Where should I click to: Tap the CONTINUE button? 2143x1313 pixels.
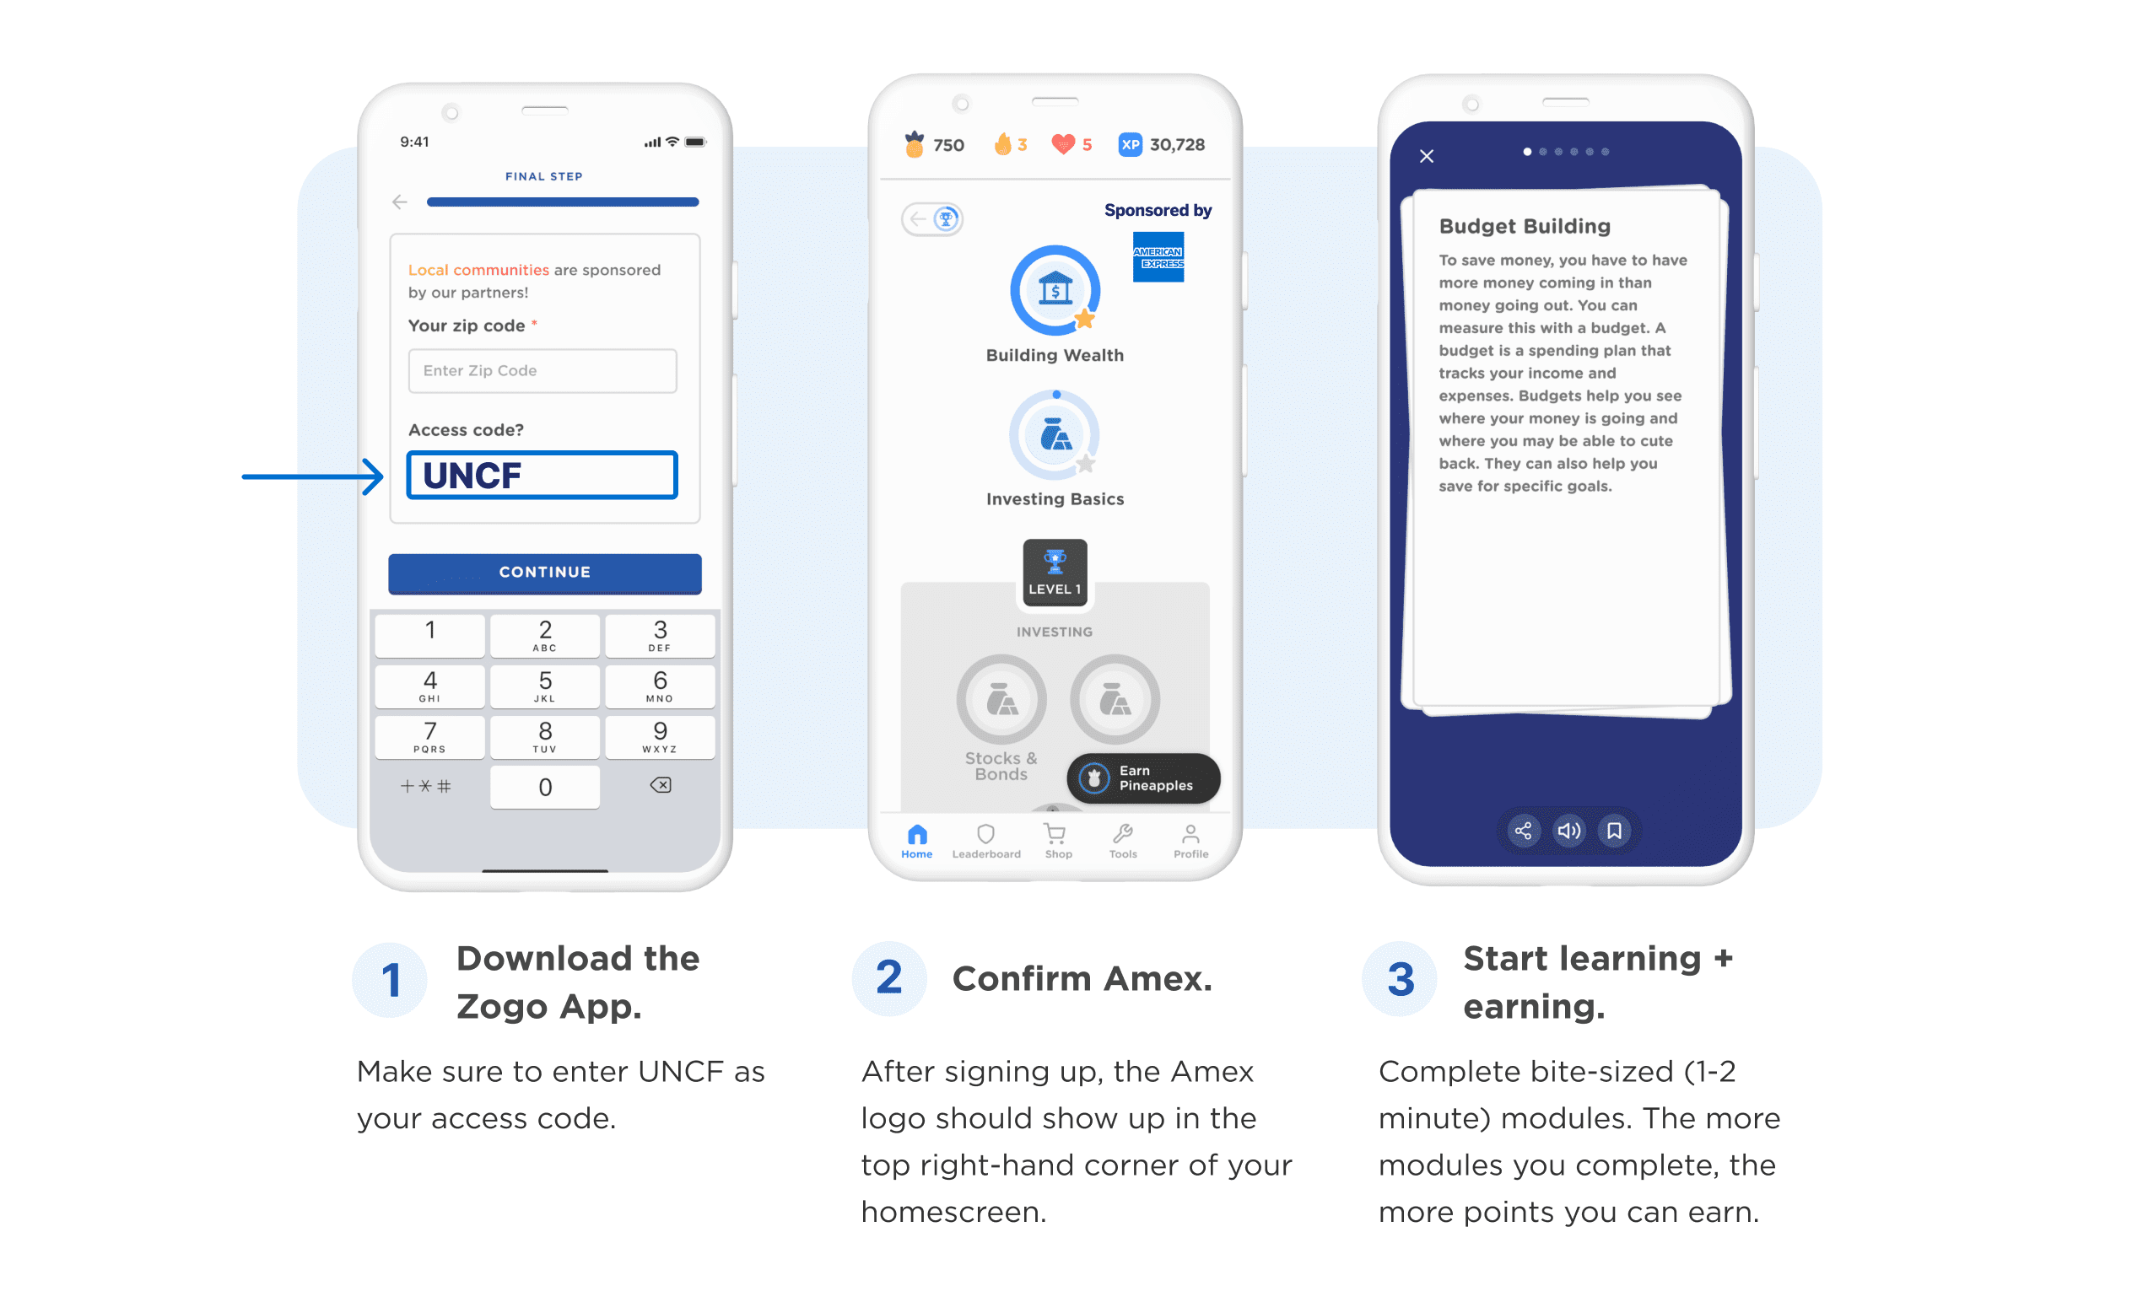[x=544, y=572]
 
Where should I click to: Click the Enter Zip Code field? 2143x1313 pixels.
[x=542, y=370]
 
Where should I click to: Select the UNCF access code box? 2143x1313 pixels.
[x=542, y=475]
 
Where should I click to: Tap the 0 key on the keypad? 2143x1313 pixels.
[x=544, y=787]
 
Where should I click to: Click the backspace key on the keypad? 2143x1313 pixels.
[x=660, y=785]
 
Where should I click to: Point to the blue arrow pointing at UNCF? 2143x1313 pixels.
[x=313, y=476]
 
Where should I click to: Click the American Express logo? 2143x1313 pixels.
[x=1158, y=257]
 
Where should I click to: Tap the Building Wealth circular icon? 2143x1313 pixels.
[x=1055, y=290]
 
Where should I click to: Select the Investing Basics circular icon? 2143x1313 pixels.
[x=1055, y=435]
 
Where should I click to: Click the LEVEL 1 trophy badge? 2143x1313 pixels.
[x=1054, y=571]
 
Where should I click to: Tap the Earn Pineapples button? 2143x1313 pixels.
[x=1143, y=778]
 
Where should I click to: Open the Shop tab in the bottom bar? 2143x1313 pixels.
[x=1056, y=840]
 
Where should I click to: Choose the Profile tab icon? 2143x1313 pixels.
[x=1190, y=840]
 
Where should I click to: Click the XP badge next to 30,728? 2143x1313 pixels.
[x=1130, y=144]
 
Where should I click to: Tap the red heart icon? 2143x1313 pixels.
[x=1062, y=144]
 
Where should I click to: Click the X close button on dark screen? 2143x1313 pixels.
[x=1427, y=157]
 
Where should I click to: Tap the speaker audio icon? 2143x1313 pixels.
[x=1568, y=831]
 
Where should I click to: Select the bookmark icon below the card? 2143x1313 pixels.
[x=1614, y=831]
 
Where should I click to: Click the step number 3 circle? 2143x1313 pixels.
[x=1400, y=979]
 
